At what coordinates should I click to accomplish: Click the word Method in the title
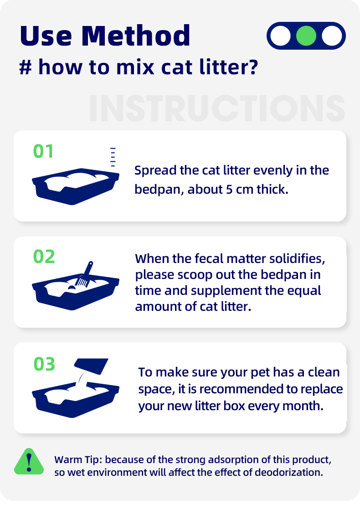point(136,36)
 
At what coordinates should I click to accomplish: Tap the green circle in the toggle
point(306,36)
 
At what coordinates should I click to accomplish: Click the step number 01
point(43,151)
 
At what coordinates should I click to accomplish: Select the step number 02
point(44,257)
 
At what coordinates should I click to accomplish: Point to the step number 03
point(44,364)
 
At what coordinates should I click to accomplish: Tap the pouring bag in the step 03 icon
point(91,366)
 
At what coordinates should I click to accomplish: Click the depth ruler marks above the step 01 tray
point(113,157)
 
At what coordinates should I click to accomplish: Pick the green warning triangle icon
point(29,462)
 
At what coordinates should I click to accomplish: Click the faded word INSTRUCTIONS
point(217,108)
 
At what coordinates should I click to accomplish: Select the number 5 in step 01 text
point(229,189)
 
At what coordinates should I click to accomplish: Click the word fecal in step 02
point(209,258)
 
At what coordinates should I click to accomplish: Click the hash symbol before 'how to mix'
point(26,67)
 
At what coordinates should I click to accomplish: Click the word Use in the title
point(46,36)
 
